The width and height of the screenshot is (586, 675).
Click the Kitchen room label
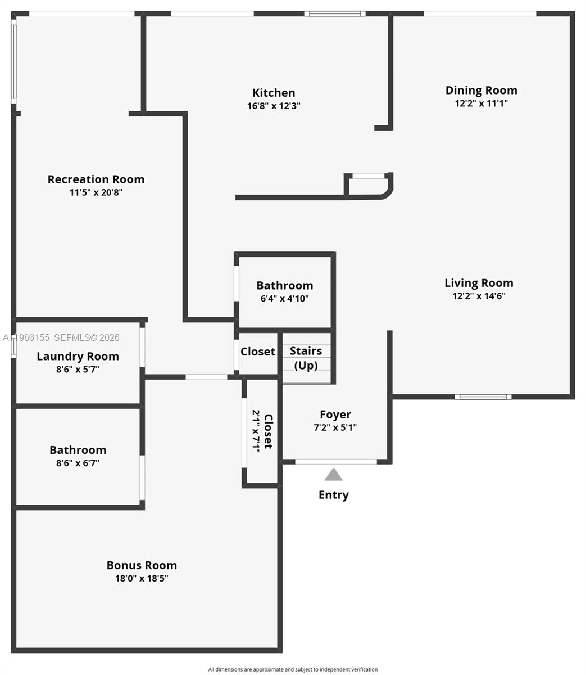pos(274,93)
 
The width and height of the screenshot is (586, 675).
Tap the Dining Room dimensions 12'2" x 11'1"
pos(481,103)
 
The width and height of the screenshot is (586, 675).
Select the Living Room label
pos(479,283)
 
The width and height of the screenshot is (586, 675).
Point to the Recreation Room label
pos(96,179)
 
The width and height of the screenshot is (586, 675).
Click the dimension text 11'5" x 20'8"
pos(96,192)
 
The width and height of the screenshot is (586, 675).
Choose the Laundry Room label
pos(78,356)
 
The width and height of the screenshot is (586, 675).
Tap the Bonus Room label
pos(142,565)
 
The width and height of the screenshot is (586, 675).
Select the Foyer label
pos(335,415)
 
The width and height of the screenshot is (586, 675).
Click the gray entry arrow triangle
pos(333,475)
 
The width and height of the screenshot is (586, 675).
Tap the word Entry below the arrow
pos(333,495)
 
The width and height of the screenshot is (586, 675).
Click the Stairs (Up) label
pos(306,358)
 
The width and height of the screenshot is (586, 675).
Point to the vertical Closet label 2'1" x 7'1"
pos(262,431)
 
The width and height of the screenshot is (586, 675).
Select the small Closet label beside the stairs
pos(258,352)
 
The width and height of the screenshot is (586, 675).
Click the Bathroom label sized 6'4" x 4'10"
pos(284,285)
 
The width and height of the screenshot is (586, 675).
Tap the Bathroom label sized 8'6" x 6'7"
pos(78,450)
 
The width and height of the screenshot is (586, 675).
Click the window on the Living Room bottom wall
pos(483,397)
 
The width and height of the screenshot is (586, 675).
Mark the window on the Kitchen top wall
pos(335,13)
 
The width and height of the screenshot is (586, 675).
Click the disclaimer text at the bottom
pos(293,669)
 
